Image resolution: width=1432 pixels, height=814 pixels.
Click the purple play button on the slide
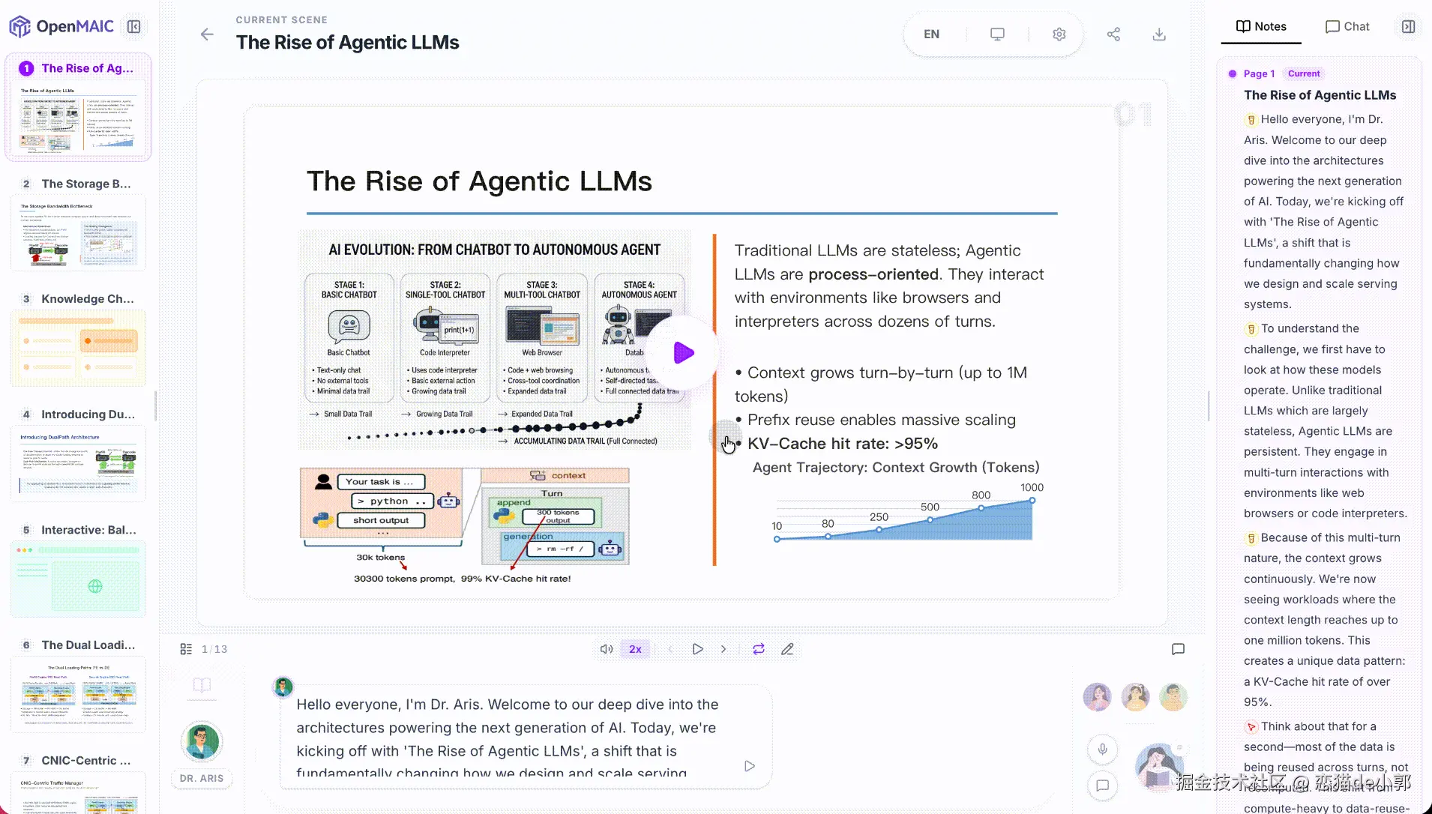683,353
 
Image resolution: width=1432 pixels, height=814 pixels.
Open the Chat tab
1347,27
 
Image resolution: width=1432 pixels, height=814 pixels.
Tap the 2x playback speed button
635,649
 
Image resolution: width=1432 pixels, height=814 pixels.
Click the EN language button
931,34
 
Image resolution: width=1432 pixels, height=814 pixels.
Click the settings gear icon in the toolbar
1059,34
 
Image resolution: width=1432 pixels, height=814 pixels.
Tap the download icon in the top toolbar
1159,34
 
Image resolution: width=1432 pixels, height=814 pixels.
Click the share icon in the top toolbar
1113,34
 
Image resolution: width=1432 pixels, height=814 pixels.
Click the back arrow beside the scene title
207,34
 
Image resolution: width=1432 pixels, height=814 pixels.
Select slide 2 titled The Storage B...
85,184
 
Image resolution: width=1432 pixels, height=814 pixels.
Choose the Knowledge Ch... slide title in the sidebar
87,298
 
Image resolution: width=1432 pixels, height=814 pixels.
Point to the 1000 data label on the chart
1032,487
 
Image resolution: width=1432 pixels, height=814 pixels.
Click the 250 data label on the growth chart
879,517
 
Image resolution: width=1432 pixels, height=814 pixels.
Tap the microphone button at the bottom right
1102,749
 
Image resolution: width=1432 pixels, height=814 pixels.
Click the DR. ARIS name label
202,778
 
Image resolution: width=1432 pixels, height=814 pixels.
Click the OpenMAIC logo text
75,27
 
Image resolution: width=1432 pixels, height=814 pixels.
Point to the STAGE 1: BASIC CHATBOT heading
349,289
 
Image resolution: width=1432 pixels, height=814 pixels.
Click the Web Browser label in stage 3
542,352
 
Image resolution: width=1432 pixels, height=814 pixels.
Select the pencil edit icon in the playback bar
787,649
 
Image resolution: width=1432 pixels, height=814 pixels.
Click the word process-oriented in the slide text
873,274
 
